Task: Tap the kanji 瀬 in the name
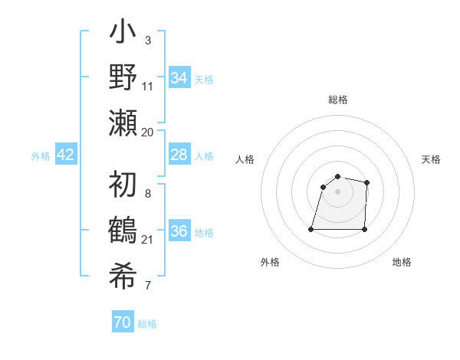pyautogui.click(x=123, y=122)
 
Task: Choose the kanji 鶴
pyautogui.click(x=123, y=230)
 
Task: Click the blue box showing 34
pyautogui.click(x=179, y=78)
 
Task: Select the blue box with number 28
pyautogui.click(x=179, y=155)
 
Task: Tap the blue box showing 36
pyautogui.click(x=179, y=231)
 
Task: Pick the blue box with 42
pyautogui.click(x=66, y=155)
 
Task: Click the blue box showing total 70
pyautogui.click(x=123, y=322)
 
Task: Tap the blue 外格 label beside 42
pyautogui.click(x=41, y=156)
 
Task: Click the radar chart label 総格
pyautogui.click(x=337, y=100)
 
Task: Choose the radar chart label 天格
pyautogui.click(x=431, y=159)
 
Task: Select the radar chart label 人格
pyautogui.click(x=245, y=159)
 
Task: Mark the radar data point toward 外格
pyautogui.click(x=311, y=229)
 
